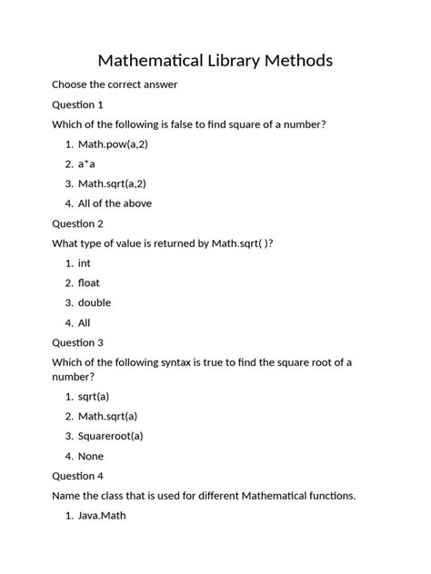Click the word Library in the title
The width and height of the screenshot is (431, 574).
click(228, 61)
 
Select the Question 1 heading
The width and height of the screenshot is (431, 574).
click(77, 104)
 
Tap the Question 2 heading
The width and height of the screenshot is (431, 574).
click(77, 223)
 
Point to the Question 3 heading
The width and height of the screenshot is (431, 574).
click(77, 342)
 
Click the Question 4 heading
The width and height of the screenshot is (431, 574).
click(77, 475)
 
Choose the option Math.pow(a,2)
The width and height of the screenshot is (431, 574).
click(113, 144)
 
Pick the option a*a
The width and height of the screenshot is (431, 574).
click(86, 164)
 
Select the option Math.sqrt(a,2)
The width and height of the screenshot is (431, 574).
click(115, 184)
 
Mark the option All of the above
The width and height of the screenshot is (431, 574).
click(115, 203)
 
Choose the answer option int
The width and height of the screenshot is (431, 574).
click(85, 263)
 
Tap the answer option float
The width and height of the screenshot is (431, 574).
click(89, 283)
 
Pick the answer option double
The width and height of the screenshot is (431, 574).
click(95, 302)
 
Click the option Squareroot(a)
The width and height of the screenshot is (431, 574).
click(111, 436)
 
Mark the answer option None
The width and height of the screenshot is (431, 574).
click(91, 456)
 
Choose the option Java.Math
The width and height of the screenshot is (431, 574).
click(102, 516)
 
